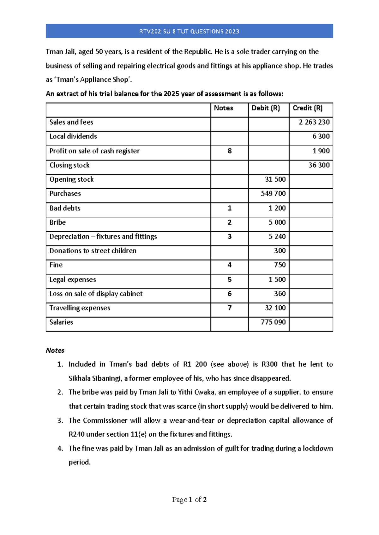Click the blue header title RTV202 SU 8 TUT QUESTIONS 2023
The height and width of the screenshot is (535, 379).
point(189,31)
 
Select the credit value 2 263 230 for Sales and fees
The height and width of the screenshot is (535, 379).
point(314,122)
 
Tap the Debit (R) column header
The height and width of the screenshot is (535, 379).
point(266,108)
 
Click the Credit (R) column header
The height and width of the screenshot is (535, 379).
point(308,108)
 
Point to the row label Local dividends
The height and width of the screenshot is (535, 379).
point(73,136)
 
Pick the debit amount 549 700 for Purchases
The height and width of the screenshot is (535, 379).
point(273,194)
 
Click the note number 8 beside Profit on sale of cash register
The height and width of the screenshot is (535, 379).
point(230,151)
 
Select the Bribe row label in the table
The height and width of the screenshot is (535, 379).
point(57,222)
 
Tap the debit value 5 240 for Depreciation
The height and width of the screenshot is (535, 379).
point(277,237)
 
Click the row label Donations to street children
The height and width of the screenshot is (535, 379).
point(93,251)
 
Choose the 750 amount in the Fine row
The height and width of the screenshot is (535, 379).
point(280,265)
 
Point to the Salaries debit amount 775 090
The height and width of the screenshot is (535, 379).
point(273,322)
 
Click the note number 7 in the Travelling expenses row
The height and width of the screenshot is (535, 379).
point(230,308)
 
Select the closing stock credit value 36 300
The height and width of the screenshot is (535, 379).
point(319,165)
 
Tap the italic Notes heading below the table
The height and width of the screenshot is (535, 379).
point(55,350)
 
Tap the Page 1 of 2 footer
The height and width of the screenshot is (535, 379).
point(189,500)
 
